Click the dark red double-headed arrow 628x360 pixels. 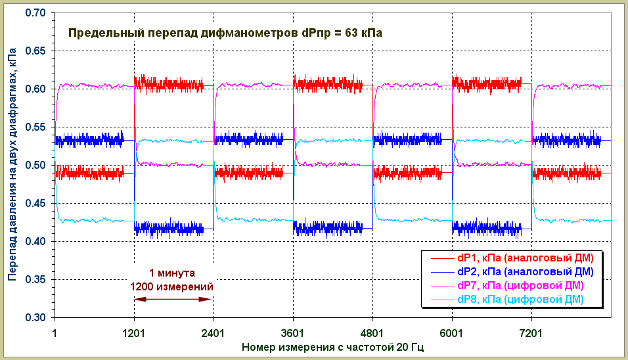coord(173,300)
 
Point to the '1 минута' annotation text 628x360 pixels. coord(172,273)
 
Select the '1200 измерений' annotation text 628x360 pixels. coord(172,286)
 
